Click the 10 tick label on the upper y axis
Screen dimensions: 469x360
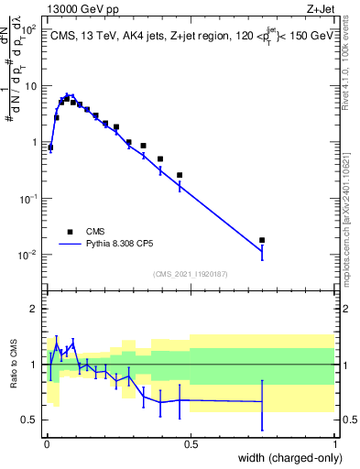tap(32, 86)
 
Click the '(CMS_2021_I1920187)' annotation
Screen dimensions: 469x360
tap(191, 273)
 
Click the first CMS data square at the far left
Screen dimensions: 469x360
tap(50, 147)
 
